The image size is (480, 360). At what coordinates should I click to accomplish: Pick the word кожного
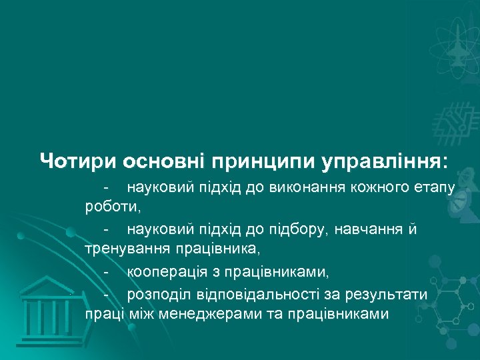pyautogui.click(x=378, y=186)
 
